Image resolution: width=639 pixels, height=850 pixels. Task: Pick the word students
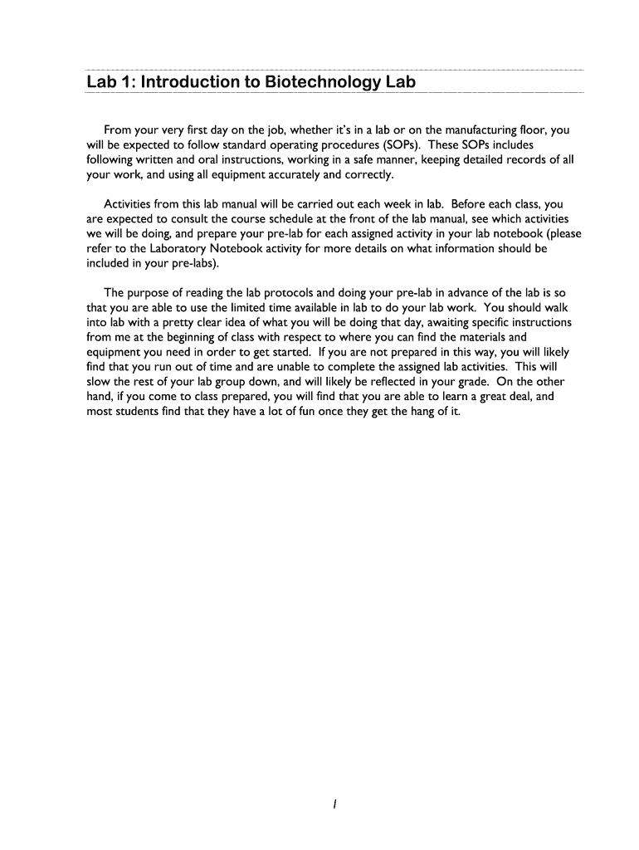point(140,413)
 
